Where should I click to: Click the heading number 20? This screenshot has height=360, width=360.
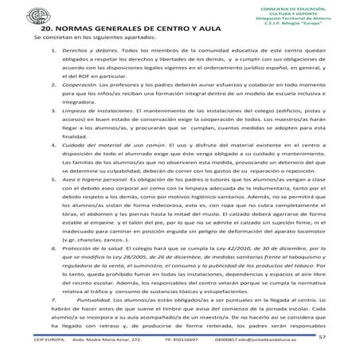pos(38,28)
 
